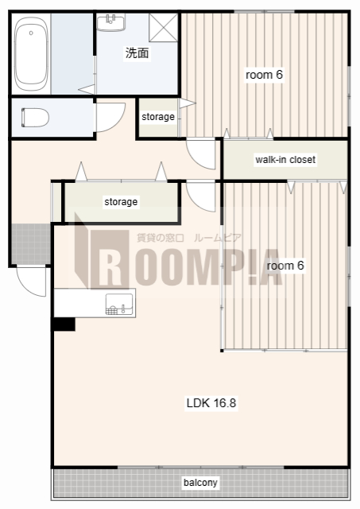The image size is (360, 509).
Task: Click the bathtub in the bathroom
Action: click(x=31, y=54)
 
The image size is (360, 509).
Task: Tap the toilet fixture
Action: click(x=35, y=117)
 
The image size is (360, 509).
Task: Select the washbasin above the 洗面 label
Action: click(x=111, y=22)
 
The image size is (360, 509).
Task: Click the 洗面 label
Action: click(x=137, y=53)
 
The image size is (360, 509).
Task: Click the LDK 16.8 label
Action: click(x=211, y=403)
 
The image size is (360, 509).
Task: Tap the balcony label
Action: click(x=200, y=483)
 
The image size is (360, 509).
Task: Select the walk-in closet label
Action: click(x=285, y=159)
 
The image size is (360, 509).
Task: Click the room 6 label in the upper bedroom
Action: click(x=264, y=75)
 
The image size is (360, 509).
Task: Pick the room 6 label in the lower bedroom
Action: click(x=285, y=266)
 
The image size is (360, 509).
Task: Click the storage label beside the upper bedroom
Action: click(x=158, y=117)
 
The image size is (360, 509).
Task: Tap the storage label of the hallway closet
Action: click(x=121, y=201)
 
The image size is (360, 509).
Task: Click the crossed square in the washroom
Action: click(x=163, y=28)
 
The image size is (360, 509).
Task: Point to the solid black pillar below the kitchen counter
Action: click(x=64, y=324)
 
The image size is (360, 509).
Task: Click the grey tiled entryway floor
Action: click(x=31, y=243)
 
